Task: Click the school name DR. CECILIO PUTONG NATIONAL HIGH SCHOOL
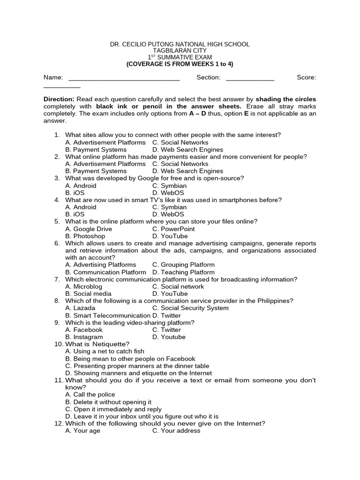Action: pyautogui.click(x=180, y=44)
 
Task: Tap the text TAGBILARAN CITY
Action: pyautogui.click(x=180, y=51)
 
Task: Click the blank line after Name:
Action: pyautogui.click(x=124, y=78)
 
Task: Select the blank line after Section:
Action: pyautogui.click(x=250, y=78)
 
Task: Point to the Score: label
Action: pyautogui.click(x=306, y=77)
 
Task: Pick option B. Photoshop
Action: pyautogui.click(x=85, y=236)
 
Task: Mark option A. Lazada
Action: pyautogui.click(x=80, y=308)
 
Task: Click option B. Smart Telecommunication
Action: pyautogui.click(x=108, y=315)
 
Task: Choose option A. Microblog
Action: pyautogui.click(x=83, y=286)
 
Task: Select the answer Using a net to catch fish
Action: pyautogui.click(x=105, y=351)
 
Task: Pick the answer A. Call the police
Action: pyautogui.click(x=90, y=395)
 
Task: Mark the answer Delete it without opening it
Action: pyautogui.click(x=108, y=402)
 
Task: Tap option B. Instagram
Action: pyautogui.click(x=84, y=337)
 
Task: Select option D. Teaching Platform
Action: pyautogui.click(x=183, y=272)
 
